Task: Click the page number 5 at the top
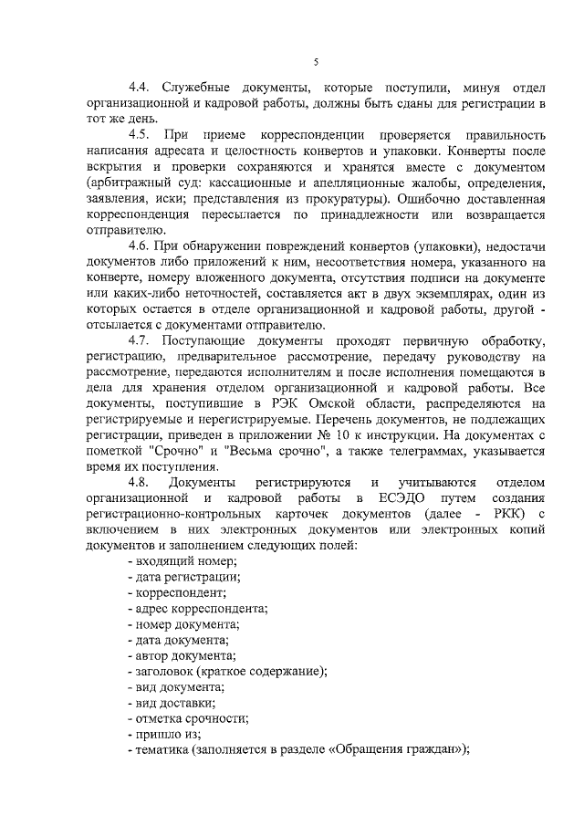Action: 315,62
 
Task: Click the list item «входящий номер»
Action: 184,560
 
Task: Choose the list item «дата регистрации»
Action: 187,577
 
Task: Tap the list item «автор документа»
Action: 184,655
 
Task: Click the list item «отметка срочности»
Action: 192,717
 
